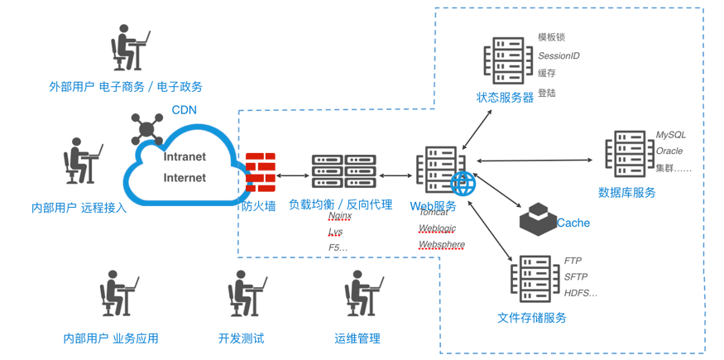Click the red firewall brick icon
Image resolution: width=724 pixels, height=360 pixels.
(x=260, y=172)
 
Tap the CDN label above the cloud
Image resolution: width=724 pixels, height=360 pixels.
(x=184, y=109)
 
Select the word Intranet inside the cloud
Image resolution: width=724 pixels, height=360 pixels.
(x=185, y=156)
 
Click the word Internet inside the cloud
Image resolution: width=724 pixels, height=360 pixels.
(x=185, y=177)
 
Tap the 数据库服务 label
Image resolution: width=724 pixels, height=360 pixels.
(x=626, y=192)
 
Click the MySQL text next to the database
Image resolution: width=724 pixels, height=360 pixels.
(x=670, y=134)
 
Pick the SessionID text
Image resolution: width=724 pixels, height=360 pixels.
(x=559, y=55)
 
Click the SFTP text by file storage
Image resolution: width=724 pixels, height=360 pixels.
(x=577, y=276)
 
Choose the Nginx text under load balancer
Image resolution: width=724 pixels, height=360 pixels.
(x=340, y=216)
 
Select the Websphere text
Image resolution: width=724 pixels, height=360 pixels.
(x=441, y=245)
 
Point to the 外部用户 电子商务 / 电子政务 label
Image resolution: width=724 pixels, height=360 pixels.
(x=126, y=86)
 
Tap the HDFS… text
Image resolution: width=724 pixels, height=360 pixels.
(x=580, y=293)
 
